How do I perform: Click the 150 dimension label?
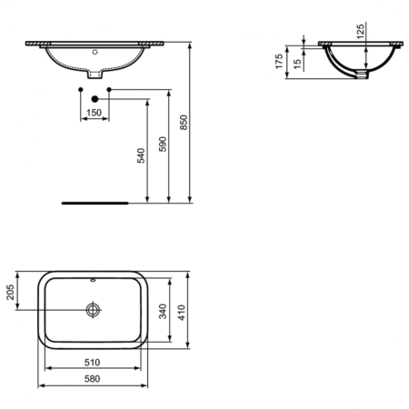[94, 113]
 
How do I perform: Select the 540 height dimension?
[141, 156]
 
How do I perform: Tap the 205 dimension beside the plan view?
[10, 293]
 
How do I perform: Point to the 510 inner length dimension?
[93, 362]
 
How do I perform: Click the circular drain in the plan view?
[93, 310]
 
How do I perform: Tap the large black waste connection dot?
[94, 98]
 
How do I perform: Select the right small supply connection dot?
[108, 89]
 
